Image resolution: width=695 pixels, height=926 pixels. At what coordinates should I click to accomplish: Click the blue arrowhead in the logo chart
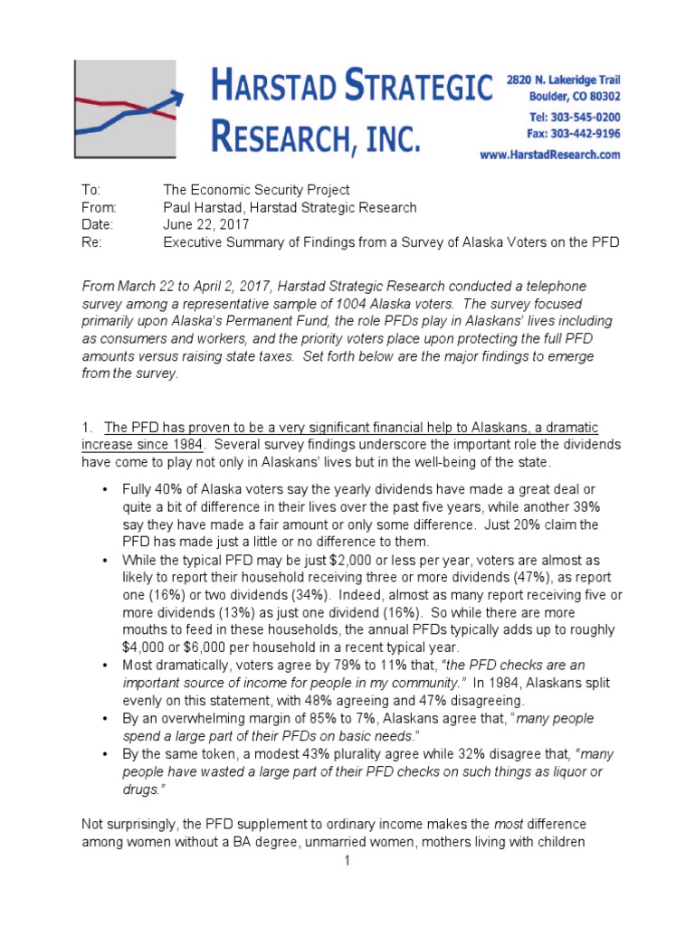(x=176, y=96)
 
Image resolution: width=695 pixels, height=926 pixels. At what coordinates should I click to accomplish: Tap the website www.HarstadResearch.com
(x=562, y=155)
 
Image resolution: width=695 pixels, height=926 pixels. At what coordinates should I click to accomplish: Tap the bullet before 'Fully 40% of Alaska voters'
(x=106, y=488)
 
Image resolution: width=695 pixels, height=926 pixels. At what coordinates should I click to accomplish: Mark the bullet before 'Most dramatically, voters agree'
(x=106, y=665)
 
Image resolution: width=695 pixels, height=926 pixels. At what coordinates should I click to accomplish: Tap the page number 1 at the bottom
(x=347, y=861)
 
